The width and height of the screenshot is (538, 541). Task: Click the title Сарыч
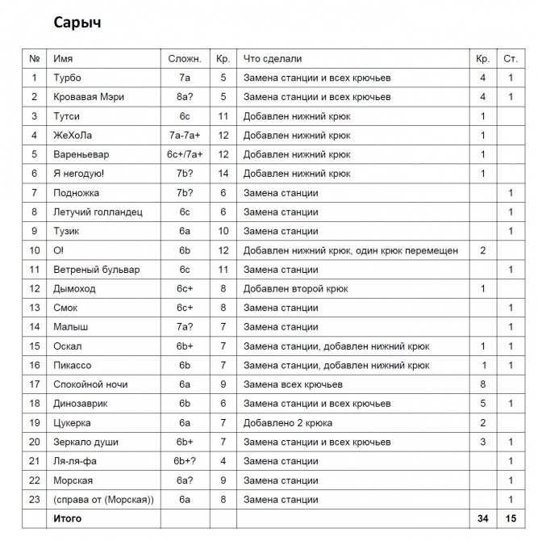click(x=77, y=23)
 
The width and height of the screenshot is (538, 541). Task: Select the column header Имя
click(x=63, y=59)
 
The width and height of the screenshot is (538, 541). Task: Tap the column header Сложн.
click(x=185, y=59)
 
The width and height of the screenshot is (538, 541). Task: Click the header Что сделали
click(x=273, y=59)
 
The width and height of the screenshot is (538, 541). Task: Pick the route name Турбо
click(x=68, y=78)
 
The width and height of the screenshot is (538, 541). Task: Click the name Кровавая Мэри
click(x=89, y=97)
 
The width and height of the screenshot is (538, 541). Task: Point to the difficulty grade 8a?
click(x=185, y=97)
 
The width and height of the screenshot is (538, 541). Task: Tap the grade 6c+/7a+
click(x=185, y=154)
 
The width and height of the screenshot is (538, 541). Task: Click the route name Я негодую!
click(x=79, y=174)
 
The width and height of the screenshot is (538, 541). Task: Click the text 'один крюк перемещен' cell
click(x=407, y=250)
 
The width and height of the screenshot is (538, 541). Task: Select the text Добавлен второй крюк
click(x=296, y=288)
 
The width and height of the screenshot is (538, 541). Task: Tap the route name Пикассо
click(x=72, y=365)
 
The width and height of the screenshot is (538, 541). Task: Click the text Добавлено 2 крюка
click(x=288, y=422)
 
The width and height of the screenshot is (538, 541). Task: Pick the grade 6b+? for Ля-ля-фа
click(x=185, y=461)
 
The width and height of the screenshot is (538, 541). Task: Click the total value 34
click(x=482, y=518)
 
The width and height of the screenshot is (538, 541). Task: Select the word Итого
click(x=67, y=518)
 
